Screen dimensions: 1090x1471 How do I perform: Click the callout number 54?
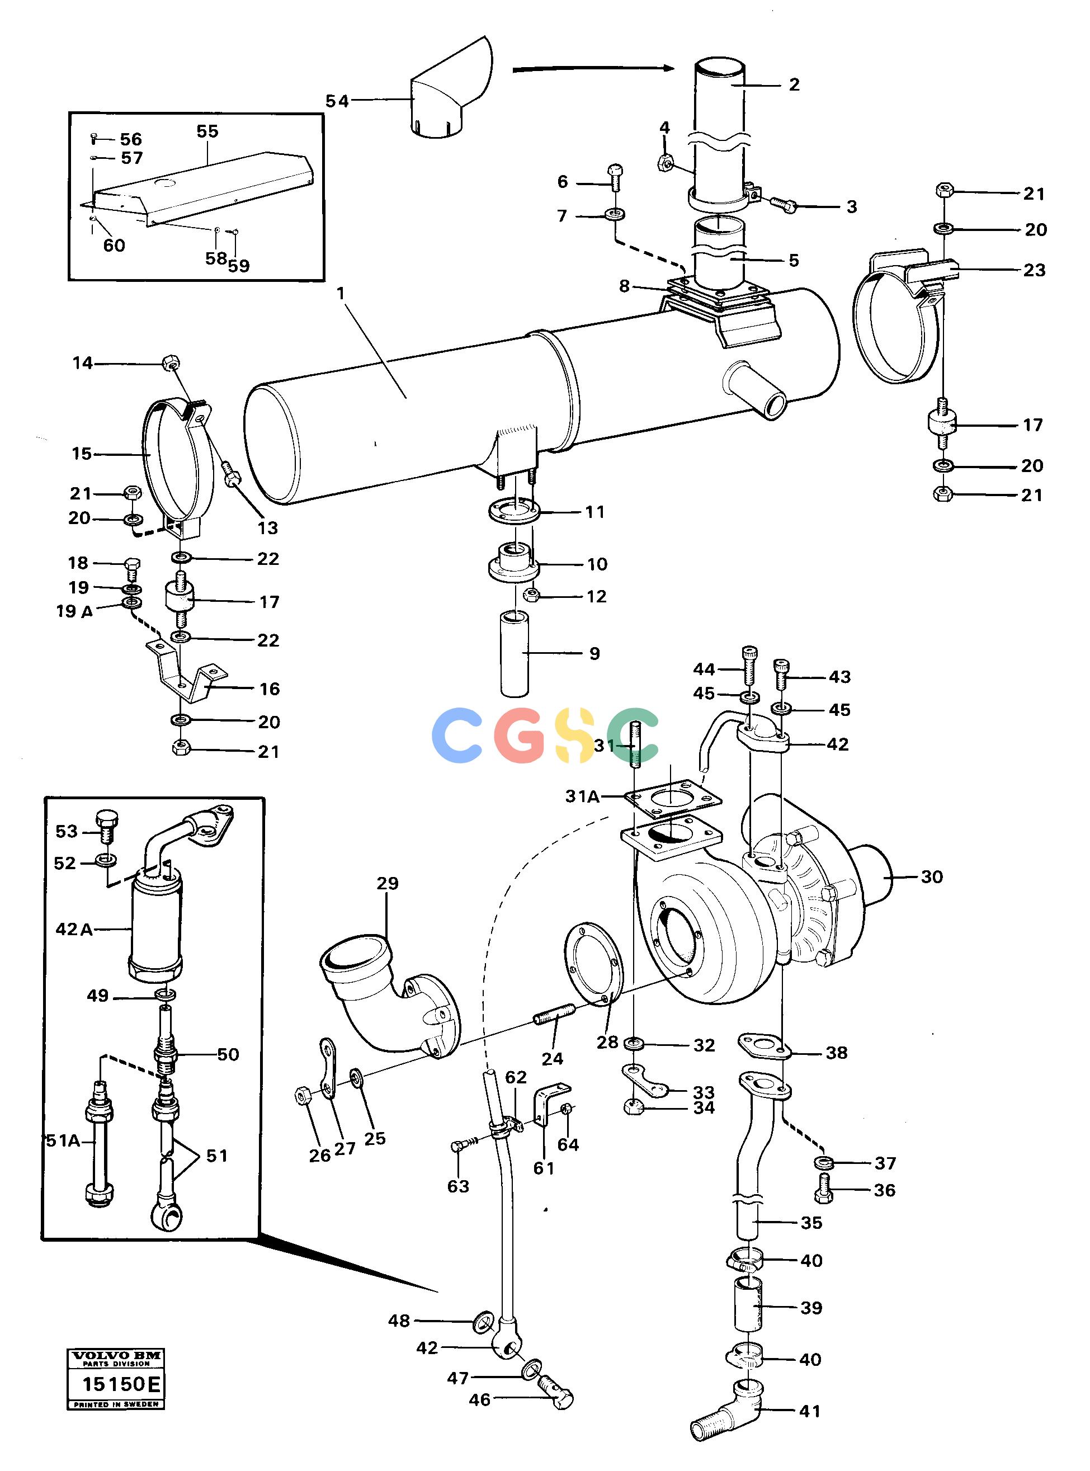point(337,101)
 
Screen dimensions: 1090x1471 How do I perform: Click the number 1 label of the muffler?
point(341,293)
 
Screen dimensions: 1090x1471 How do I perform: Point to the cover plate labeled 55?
point(201,188)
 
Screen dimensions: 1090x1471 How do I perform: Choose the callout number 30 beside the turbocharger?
point(932,876)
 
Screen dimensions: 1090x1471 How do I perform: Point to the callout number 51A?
point(63,1140)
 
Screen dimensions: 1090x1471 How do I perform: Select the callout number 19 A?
point(74,611)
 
